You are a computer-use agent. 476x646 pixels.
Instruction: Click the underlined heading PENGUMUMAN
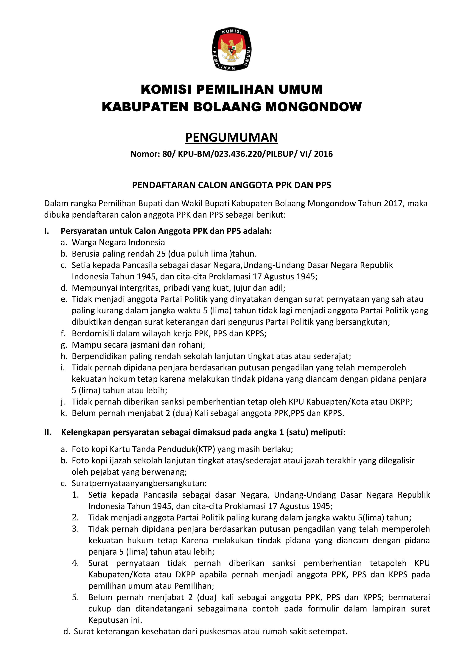point(231,138)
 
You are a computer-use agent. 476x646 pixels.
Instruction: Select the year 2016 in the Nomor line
point(323,154)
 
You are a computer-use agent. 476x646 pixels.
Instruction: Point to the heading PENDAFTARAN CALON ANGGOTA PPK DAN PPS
point(231,185)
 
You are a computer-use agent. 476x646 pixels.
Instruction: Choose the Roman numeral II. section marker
point(48,432)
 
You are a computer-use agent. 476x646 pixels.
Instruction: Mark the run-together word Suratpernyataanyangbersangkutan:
point(139,483)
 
